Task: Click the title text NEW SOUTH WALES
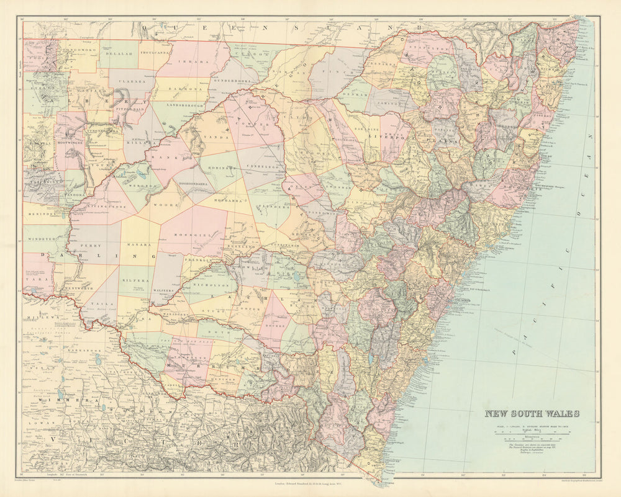(532, 414)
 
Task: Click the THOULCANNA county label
(155, 53)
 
